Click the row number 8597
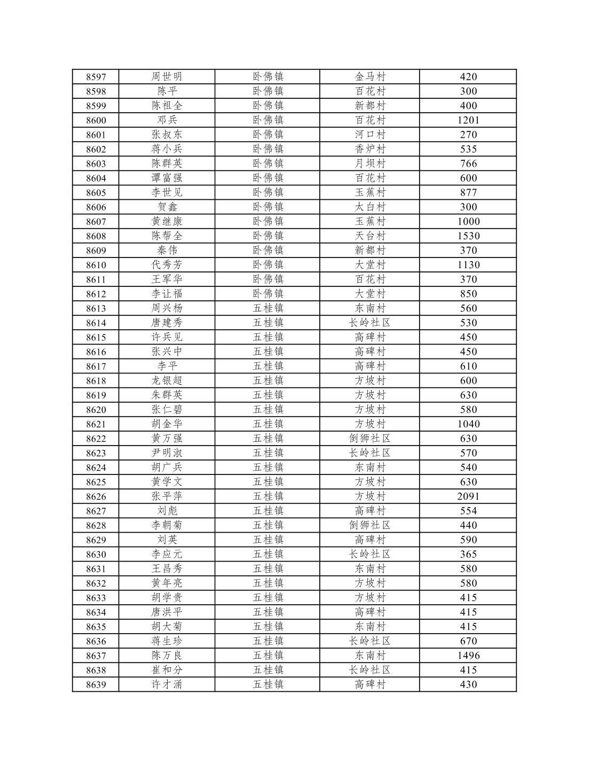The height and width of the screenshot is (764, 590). tap(96, 77)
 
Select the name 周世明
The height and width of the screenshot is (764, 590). tap(167, 76)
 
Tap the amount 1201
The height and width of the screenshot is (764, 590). tap(468, 120)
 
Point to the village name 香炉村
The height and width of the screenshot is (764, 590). tap(370, 149)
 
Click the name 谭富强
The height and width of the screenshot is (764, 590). tap(167, 178)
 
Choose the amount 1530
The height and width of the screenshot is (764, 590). tap(468, 236)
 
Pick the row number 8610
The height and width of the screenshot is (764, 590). tap(96, 265)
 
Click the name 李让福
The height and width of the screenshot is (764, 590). tap(167, 294)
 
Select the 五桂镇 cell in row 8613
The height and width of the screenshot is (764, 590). tap(268, 308)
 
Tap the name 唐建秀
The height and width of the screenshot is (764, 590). tap(167, 323)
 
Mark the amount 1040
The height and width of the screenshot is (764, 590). tap(468, 424)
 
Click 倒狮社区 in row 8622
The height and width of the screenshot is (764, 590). tap(370, 439)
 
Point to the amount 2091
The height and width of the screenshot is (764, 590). tap(468, 496)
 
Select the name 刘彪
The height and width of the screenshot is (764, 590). tap(167, 511)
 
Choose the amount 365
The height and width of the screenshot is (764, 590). tap(468, 554)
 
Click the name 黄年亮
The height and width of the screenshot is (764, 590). tap(167, 583)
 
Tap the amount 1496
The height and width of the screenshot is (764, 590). tap(468, 656)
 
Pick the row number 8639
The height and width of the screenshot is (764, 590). tap(96, 685)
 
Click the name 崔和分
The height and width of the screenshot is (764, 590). tap(167, 670)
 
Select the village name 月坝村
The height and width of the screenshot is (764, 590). tap(370, 163)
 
